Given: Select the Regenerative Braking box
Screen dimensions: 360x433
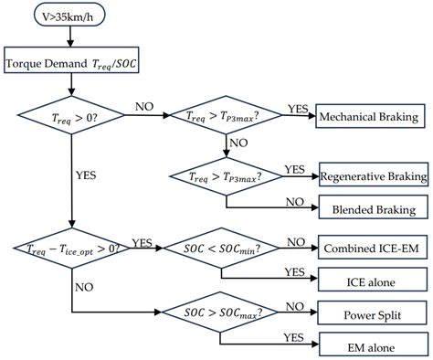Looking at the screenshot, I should point(373,175).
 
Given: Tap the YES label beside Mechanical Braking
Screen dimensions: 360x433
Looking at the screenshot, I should point(297,108).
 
